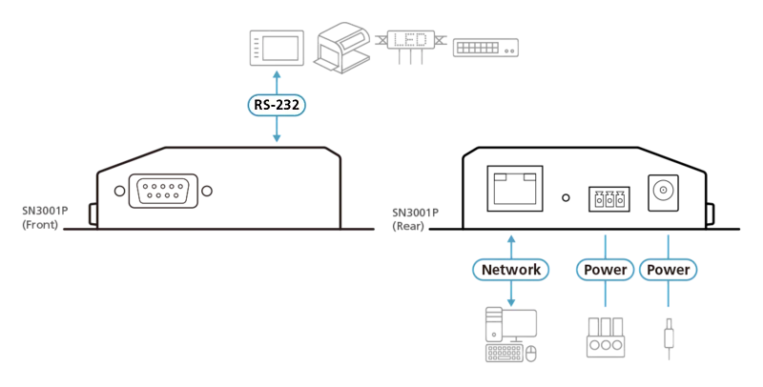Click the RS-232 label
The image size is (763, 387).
277,105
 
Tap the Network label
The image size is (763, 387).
511,270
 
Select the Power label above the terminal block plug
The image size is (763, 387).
605,270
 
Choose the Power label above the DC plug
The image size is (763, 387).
669,270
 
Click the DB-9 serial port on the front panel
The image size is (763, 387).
163,191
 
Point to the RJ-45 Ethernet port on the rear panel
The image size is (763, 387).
515,188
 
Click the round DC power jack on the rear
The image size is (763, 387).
663,192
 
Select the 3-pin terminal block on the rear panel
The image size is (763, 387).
609,199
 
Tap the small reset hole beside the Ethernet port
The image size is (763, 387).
566,198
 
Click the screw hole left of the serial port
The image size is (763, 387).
120,191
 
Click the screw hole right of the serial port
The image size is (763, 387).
207,191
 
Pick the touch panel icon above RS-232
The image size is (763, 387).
277,48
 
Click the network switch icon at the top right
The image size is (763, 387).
485,48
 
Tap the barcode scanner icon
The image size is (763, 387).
342,47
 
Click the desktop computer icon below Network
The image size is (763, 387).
511,335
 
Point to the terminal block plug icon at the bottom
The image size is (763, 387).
606,337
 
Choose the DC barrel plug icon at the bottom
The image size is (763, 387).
669,337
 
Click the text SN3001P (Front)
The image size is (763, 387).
45,218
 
